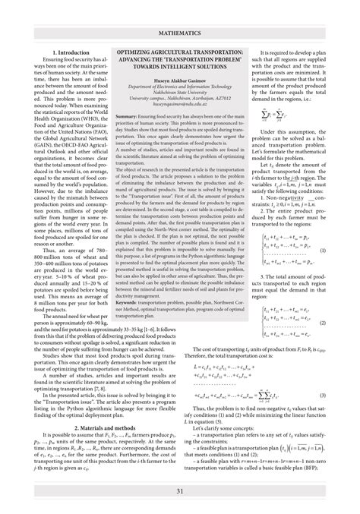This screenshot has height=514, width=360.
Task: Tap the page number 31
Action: point(179,492)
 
